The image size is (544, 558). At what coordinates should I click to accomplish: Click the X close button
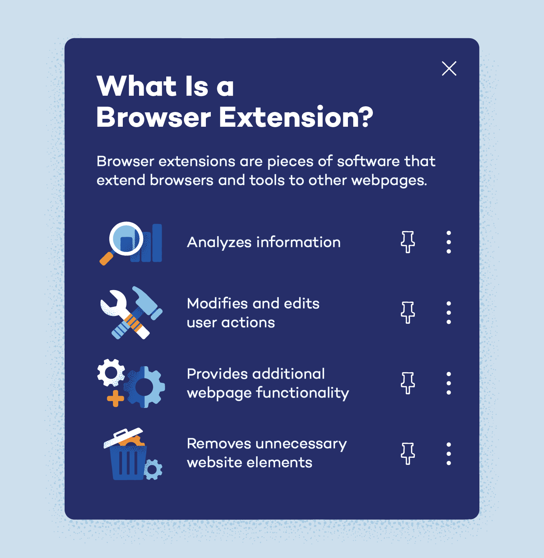click(x=449, y=68)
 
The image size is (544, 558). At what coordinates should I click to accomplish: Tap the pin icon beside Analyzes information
click(x=408, y=242)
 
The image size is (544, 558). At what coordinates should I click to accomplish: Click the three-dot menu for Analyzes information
click(x=448, y=242)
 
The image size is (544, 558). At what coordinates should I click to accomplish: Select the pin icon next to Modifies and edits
click(x=408, y=312)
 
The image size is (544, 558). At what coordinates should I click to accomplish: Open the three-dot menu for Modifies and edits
click(x=448, y=312)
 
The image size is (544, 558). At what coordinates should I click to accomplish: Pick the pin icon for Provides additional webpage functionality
click(x=408, y=383)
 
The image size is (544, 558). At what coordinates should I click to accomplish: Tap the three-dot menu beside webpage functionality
click(x=448, y=383)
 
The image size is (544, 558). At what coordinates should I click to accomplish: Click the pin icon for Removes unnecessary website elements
click(x=408, y=454)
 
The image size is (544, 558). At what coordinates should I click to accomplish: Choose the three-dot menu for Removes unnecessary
click(x=448, y=454)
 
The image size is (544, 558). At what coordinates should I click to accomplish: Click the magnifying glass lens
click(x=126, y=239)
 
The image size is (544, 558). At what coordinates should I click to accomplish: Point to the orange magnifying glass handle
click(x=106, y=259)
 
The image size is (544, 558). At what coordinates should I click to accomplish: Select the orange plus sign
click(x=115, y=399)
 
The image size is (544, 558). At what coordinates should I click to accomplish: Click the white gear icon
click(x=111, y=372)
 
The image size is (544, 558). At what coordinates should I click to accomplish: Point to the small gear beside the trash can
click(x=153, y=470)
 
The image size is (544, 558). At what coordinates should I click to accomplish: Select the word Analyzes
click(x=219, y=242)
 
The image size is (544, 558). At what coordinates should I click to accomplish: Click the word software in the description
click(x=368, y=162)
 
